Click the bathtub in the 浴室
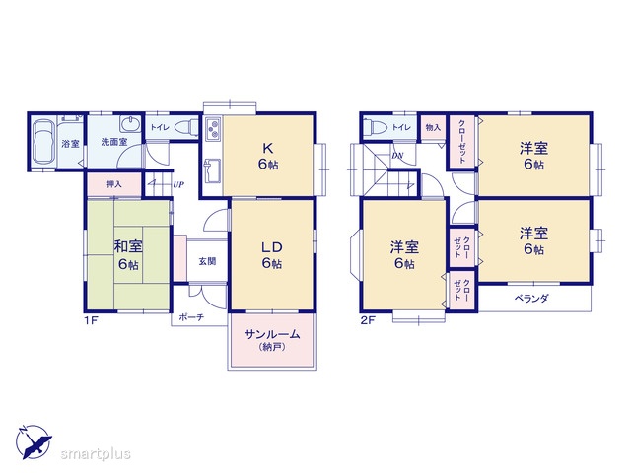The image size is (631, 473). point(43,141)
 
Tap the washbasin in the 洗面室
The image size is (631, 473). point(130,124)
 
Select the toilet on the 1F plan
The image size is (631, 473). point(186,127)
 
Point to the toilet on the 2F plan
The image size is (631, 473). point(375,127)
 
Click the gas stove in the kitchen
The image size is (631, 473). point(213,129)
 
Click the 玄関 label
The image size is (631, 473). point(208,261)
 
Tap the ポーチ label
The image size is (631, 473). point(191,317)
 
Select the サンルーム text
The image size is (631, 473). point(272,334)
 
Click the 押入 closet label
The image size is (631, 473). point(114,184)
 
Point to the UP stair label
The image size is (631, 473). point(178,185)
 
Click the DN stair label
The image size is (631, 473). point(397,156)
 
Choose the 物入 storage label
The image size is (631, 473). point(433,127)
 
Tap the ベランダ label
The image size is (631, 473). point(531,299)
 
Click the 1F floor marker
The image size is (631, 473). point(92,320)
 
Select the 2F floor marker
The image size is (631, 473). point(368,320)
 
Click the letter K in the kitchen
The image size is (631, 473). point(268,149)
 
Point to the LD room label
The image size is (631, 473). point(272,247)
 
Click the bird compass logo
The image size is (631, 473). point(34,441)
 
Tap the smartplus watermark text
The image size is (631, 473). point(96,453)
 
